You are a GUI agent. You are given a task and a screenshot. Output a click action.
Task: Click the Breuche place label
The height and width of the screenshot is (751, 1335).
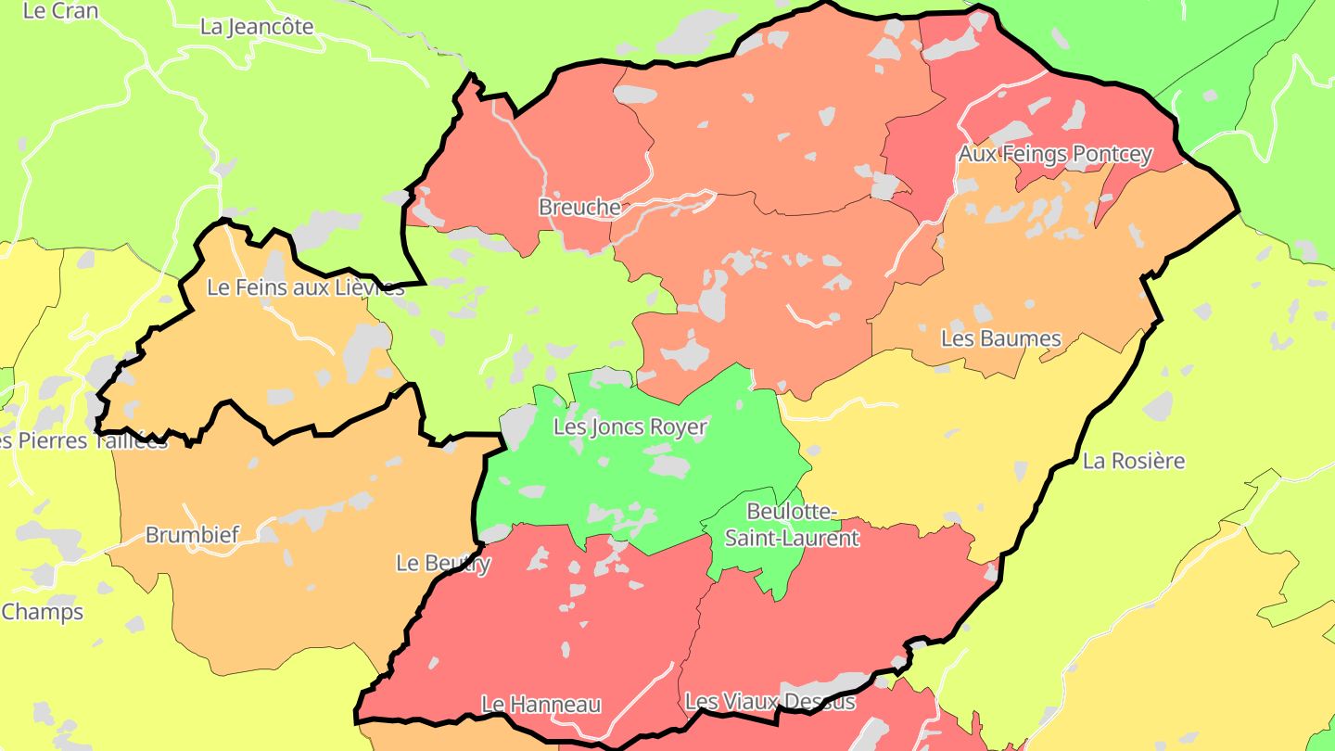pyautogui.click(x=579, y=207)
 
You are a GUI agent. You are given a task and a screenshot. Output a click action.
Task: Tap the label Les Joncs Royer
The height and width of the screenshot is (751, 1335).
pyautogui.click(x=629, y=427)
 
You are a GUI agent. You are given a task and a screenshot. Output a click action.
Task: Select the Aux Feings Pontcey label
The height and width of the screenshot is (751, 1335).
pyautogui.click(x=1055, y=154)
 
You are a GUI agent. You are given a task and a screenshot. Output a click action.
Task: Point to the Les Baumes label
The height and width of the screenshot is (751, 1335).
pyautogui.click(x=1000, y=338)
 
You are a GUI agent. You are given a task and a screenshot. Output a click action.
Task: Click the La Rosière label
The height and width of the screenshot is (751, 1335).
pyautogui.click(x=1134, y=461)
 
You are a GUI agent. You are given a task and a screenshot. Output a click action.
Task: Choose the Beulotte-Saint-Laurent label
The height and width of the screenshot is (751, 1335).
pyautogui.click(x=792, y=525)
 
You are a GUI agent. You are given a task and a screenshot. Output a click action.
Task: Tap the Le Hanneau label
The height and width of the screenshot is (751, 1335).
pyautogui.click(x=540, y=705)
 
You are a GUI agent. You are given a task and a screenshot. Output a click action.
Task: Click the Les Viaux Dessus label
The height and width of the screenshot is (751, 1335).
pyautogui.click(x=769, y=701)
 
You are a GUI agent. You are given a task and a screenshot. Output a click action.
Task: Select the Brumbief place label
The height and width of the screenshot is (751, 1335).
pyautogui.click(x=192, y=535)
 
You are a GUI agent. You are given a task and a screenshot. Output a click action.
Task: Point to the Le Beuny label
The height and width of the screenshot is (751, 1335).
pyautogui.click(x=443, y=563)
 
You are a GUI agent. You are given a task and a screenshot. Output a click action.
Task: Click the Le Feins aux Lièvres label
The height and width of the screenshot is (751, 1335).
pyautogui.click(x=305, y=287)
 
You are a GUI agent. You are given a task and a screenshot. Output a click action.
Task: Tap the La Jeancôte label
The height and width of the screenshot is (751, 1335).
pyautogui.click(x=257, y=27)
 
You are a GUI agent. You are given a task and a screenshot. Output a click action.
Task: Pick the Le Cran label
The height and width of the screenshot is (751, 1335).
pyautogui.click(x=60, y=11)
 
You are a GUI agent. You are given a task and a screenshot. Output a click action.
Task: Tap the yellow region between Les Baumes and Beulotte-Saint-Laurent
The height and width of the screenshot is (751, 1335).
pyautogui.click(x=927, y=445)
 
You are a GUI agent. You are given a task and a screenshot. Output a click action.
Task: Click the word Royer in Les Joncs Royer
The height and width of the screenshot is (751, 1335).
pyautogui.click(x=679, y=427)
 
